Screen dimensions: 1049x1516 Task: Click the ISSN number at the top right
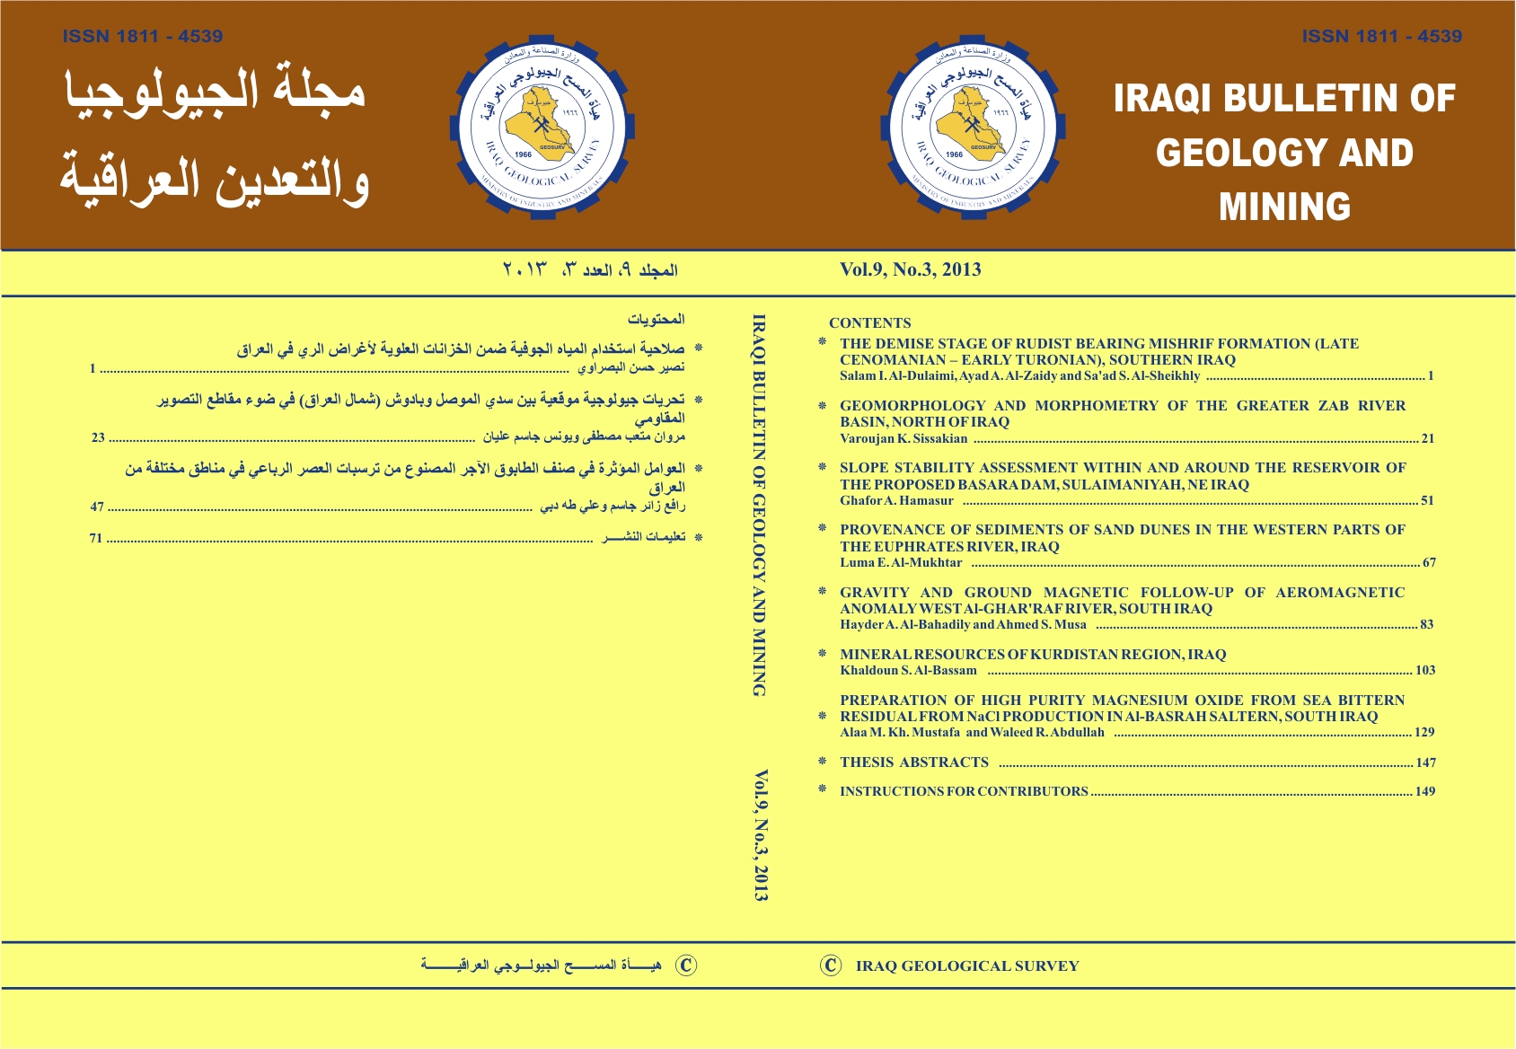pyautogui.click(x=1381, y=37)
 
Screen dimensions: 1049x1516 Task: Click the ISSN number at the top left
pyautogui.click(x=143, y=37)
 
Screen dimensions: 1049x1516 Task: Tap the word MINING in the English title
pyautogui.click(x=1284, y=207)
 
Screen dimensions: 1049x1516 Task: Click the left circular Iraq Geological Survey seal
pyautogui.click(x=542, y=125)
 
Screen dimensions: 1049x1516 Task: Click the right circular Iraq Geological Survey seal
pyautogui.click(x=973, y=125)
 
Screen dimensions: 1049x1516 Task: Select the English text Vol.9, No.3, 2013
pyautogui.click(x=910, y=269)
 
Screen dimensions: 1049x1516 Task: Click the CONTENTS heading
pyautogui.click(x=869, y=323)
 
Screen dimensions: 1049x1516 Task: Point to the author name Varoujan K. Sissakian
pyautogui.click(x=903, y=439)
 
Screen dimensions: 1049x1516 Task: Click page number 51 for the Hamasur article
pyautogui.click(x=1427, y=501)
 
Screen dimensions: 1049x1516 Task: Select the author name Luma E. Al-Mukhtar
pyautogui.click(x=901, y=563)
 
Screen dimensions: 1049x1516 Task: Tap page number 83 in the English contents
pyautogui.click(x=1426, y=625)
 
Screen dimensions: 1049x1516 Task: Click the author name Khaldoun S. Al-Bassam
pyautogui.click(x=908, y=671)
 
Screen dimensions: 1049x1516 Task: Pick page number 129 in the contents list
pyautogui.click(x=1423, y=733)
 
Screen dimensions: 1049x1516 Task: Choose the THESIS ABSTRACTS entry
pyautogui.click(x=913, y=763)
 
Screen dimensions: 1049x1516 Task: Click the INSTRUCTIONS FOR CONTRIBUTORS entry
pyautogui.click(x=964, y=792)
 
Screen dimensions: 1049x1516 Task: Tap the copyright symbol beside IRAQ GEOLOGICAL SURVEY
pyautogui.click(x=831, y=965)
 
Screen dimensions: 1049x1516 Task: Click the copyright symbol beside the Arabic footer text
pyautogui.click(x=686, y=965)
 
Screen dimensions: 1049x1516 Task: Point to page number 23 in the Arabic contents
pyautogui.click(x=98, y=438)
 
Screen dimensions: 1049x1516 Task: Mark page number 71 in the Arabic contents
pyautogui.click(x=96, y=539)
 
